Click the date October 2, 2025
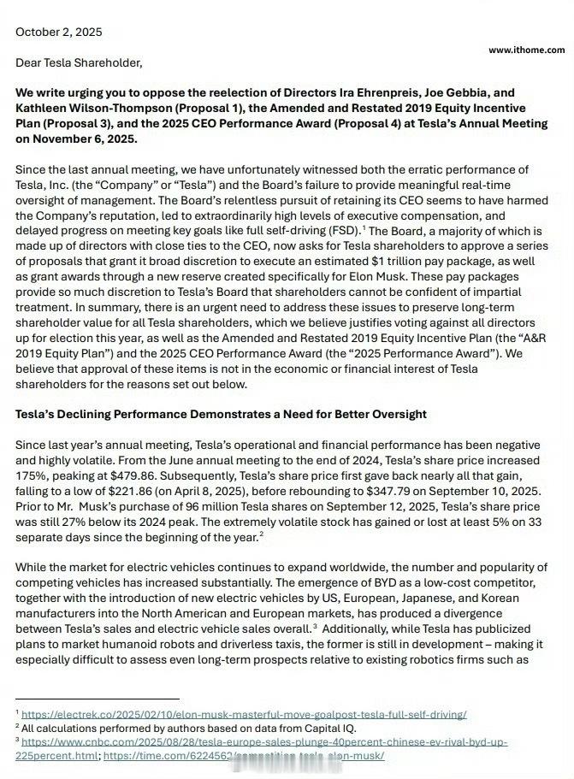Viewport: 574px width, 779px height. coord(58,32)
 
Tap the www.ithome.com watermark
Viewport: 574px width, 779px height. coord(526,50)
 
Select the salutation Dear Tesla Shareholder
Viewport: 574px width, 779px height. coord(78,62)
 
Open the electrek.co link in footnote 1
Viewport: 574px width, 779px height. coord(244,713)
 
